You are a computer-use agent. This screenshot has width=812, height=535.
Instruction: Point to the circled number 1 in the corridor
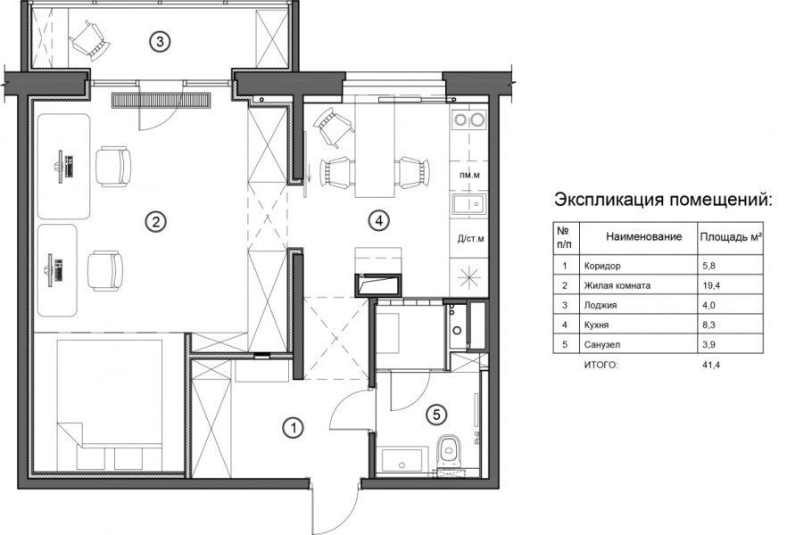291,428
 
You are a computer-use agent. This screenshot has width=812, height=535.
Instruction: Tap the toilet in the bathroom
451,448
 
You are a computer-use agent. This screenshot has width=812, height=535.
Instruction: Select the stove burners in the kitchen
468,120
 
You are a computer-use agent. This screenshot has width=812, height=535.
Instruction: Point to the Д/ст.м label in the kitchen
469,238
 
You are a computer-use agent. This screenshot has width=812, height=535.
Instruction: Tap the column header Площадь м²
729,237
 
